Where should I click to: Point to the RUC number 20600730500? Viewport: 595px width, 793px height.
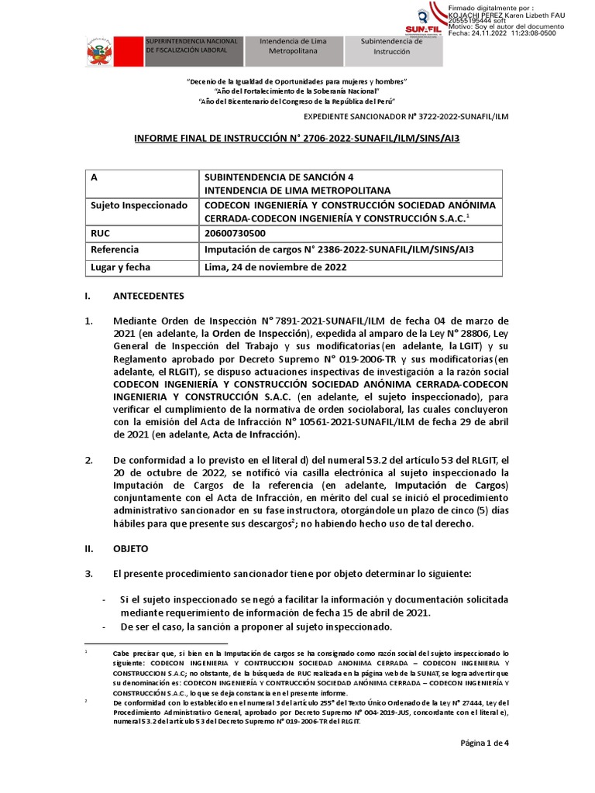(235, 232)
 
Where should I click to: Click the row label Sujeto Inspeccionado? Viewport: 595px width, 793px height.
(139, 205)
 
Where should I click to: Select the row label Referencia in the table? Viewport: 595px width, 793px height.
(115, 249)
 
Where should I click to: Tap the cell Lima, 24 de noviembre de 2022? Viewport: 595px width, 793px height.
(275, 267)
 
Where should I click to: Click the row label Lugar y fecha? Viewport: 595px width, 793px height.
(121, 267)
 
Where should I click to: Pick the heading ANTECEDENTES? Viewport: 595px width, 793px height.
(149, 296)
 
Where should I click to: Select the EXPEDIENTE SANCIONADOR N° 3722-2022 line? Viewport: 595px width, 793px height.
(407, 115)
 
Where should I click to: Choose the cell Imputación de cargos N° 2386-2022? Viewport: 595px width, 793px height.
(338, 249)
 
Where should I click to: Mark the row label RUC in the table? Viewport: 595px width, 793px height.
(101, 232)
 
